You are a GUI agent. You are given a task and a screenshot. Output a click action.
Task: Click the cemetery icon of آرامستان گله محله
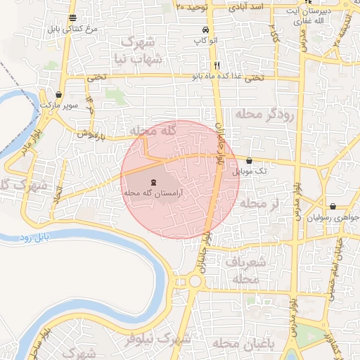(x=154, y=183)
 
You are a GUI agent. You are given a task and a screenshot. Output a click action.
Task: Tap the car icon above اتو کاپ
(x=205, y=31)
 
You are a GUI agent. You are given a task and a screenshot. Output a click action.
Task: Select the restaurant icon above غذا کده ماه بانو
(x=217, y=65)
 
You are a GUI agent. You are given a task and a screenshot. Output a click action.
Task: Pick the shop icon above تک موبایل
(x=250, y=161)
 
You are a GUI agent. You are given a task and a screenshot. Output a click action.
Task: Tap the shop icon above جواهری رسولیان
(x=333, y=207)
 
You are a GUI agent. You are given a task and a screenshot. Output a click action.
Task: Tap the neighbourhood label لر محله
(x=259, y=203)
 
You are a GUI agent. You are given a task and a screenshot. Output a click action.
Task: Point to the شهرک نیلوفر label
(x=156, y=340)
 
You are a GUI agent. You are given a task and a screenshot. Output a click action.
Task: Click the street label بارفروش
(x=91, y=132)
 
